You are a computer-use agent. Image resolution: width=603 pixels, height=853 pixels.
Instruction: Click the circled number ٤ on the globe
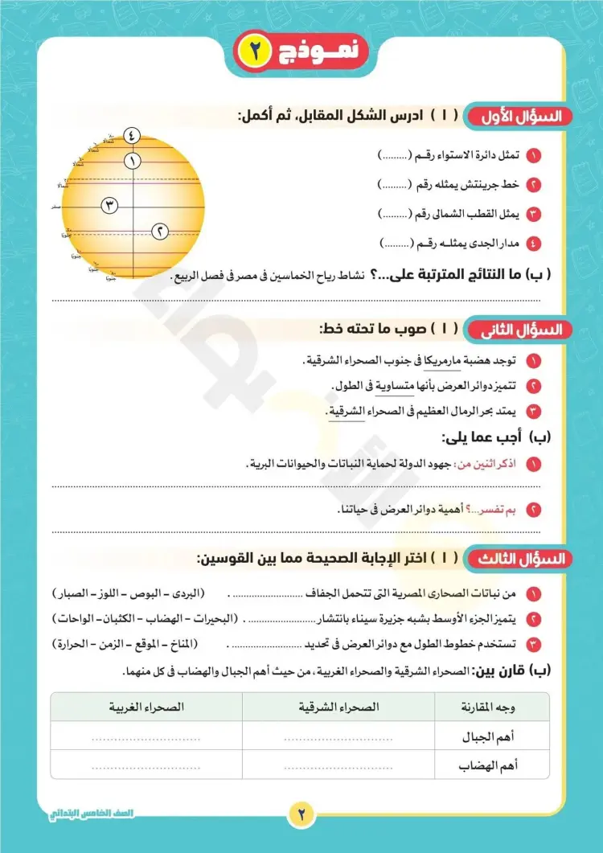[x=133, y=135]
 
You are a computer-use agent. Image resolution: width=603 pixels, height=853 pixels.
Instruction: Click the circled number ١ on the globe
[x=133, y=161]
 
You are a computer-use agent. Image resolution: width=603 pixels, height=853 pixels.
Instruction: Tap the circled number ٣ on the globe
[x=110, y=206]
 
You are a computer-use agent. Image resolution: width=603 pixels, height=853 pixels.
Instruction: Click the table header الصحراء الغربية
[x=146, y=707]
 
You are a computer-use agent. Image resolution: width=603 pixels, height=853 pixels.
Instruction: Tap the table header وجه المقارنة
[x=490, y=707]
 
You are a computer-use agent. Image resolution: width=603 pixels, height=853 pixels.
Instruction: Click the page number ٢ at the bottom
[x=301, y=813]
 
